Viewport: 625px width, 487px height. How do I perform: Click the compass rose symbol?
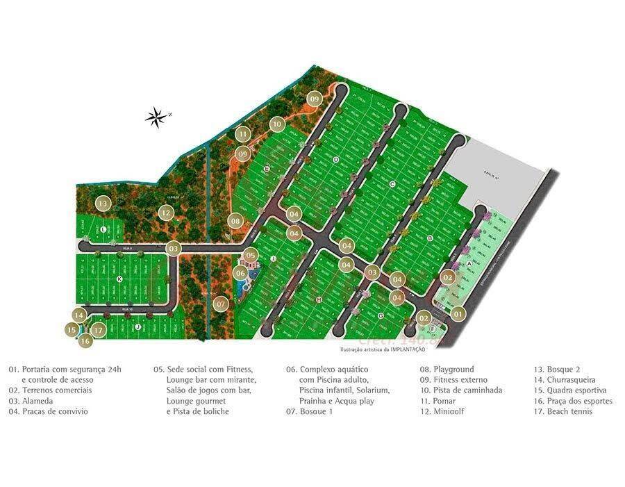[157, 118]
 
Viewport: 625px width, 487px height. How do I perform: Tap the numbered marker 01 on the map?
[458, 314]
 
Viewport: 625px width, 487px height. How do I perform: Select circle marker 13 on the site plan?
[103, 204]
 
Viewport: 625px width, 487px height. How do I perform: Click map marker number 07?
[221, 304]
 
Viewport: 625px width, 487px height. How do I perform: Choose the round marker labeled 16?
[85, 341]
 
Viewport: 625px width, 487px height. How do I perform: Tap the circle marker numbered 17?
[99, 331]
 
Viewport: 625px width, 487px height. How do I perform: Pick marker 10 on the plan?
[276, 124]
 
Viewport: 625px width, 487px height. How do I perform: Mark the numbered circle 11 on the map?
[242, 133]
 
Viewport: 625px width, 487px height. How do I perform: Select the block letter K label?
[119, 279]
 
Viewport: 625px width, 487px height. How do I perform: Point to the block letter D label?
[335, 160]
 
